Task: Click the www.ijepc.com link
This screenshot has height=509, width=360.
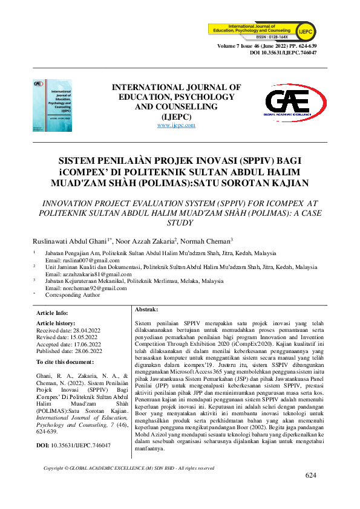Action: coord(176,125)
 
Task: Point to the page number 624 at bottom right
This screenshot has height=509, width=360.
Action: coord(311,476)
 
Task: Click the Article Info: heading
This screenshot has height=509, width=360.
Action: coord(53,313)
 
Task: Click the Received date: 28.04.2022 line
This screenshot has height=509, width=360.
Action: coord(69,331)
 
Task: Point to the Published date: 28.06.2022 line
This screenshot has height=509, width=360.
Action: coord(70,351)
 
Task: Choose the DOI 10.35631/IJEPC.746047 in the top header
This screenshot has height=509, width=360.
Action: coord(283,53)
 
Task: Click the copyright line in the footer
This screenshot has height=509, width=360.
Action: coord(129,468)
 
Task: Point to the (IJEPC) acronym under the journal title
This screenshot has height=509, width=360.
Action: coord(176,117)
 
